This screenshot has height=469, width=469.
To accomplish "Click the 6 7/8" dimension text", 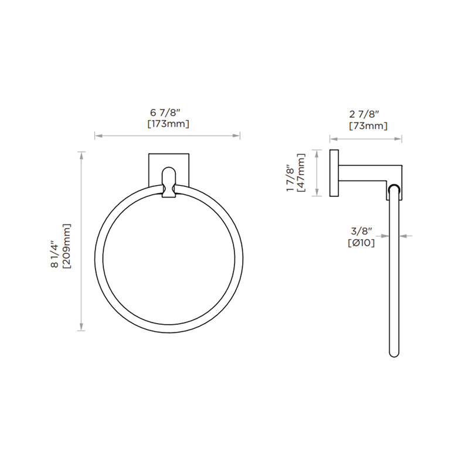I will coord(167,113).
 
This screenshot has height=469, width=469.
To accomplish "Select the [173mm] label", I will coord(167,124).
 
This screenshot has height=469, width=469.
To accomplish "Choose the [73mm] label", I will coord(367,125).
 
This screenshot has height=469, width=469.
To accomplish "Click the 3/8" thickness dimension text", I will coord(361,231).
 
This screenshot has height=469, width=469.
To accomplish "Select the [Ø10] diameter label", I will coord(361,243).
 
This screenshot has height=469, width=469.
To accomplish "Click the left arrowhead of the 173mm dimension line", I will coord(97,136).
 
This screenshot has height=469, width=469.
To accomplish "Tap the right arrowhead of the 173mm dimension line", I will coord(237,136).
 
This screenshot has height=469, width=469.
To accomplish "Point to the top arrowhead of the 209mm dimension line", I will coord(81,154).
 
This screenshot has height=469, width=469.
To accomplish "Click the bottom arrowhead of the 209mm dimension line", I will coord(81,329).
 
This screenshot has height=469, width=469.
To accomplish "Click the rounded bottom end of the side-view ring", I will coord(394,354).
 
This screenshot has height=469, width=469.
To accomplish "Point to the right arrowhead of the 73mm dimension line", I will coord(400,140).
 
